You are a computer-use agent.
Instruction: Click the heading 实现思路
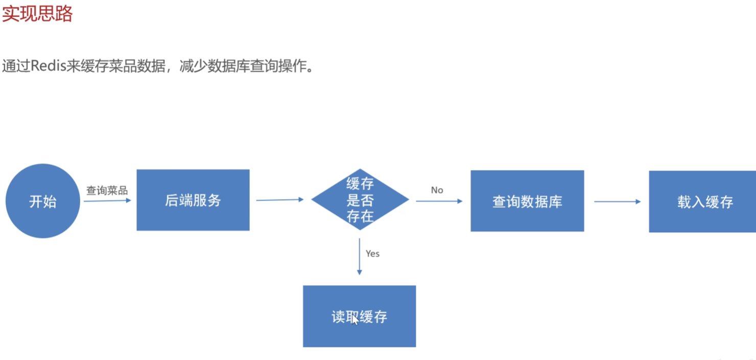click(37, 14)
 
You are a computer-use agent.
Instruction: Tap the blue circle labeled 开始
click(43, 201)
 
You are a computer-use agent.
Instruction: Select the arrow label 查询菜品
click(107, 190)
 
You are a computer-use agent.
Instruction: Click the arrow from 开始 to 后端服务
click(107, 201)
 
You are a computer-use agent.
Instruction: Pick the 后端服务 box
click(193, 200)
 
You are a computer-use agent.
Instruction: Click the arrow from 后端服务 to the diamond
click(280, 200)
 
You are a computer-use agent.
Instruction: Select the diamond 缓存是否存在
click(360, 200)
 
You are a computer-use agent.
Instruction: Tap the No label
click(437, 190)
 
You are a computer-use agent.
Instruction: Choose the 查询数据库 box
click(527, 201)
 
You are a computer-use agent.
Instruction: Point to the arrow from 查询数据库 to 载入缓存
click(617, 201)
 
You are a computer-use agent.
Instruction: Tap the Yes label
click(372, 253)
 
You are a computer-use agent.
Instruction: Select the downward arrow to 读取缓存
click(360, 260)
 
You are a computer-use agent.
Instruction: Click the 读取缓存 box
click(360, 317)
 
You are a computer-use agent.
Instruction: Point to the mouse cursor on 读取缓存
click(355, 320)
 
